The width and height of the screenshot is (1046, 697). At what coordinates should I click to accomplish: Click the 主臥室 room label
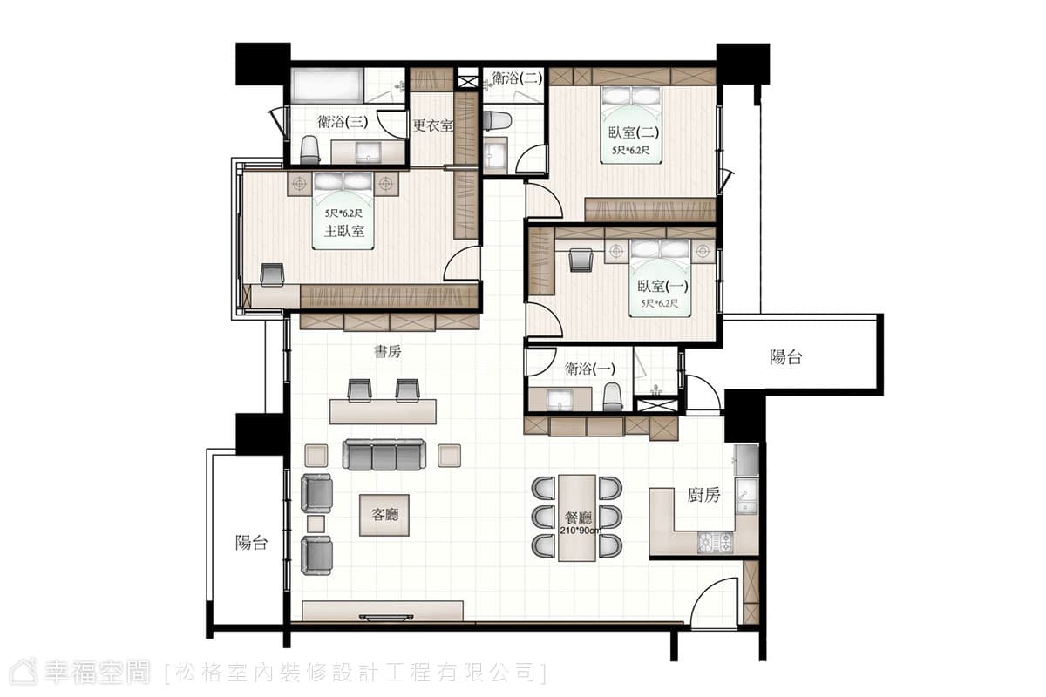point(344,231)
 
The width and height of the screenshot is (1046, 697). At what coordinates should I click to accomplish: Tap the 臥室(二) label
point(633,132)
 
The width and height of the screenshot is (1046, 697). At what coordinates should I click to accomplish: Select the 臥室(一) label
point(662,286)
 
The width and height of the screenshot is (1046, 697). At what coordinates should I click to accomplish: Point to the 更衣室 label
point(433,125)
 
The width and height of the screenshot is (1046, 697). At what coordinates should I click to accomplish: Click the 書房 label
point(388,351)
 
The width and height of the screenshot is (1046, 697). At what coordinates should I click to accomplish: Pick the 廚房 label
point(703,495)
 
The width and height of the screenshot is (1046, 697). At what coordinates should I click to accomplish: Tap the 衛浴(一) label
point(590,369)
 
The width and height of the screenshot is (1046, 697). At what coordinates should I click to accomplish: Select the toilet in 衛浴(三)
point(309,149)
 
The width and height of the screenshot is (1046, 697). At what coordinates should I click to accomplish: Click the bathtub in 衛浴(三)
point(327,85)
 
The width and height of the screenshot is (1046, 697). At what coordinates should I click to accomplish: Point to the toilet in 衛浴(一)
point(613,396)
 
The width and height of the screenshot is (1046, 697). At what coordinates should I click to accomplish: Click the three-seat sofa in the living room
point(384,455)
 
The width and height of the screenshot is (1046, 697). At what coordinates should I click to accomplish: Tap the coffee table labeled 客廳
point(384,516)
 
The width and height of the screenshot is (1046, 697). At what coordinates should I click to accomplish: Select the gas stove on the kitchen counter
point(716,543)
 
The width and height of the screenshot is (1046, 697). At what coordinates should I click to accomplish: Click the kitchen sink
point(747,496)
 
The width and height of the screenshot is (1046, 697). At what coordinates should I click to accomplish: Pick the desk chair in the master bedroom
point(272,274)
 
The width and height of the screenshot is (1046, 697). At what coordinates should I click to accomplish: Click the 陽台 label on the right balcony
point(786,357)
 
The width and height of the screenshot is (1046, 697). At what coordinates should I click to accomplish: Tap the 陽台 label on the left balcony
point(251,543)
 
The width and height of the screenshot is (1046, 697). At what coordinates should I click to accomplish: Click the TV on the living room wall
point(386,618)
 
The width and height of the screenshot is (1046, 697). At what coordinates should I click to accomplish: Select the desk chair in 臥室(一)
point(581,260)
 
